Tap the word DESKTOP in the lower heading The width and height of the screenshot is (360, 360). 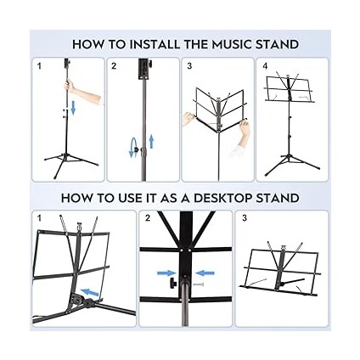point(228,198)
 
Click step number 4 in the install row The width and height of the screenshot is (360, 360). point(266,65)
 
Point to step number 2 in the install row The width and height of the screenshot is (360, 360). point(115,65)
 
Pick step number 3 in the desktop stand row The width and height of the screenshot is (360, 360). point(245,218)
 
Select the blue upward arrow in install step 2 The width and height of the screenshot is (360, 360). point(150,140)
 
